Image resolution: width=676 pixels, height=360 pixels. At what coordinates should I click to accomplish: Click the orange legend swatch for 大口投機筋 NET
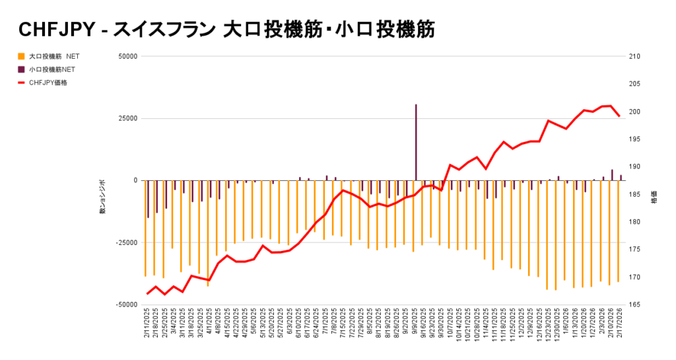click(x=21, y=56)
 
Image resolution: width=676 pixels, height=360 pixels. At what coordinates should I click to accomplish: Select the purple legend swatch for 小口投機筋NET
click(x=21, y=69)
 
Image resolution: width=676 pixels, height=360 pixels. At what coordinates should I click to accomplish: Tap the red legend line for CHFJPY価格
click(x=21, y=83)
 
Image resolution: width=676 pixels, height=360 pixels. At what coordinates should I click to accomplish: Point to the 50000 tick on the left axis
click(x=125, y=56)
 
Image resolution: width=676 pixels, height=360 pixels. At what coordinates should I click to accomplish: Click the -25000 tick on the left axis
click(x=124, y=242)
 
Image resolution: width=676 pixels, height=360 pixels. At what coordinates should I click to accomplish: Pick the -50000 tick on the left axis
click(x=124, y=305)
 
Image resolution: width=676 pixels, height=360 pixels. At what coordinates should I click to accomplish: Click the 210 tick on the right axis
click(x=635, y=56)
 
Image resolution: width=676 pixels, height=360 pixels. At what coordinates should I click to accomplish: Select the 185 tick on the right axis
click(x=635, y=194)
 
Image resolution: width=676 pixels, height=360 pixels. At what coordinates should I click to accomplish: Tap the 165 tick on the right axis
click(x=635, y=305)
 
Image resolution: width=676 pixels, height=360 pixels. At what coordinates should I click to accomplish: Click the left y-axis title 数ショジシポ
click(x=102, y=197)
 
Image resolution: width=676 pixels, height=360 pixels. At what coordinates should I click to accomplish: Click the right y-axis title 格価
click(x=654, y=197)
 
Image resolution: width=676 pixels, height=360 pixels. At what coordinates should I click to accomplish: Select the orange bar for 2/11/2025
click(x=145, y=228)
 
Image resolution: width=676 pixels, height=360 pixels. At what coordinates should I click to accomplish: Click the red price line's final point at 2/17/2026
click(x=619, y=116)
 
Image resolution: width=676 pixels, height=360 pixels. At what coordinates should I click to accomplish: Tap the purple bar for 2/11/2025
click(x=149, y=199)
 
